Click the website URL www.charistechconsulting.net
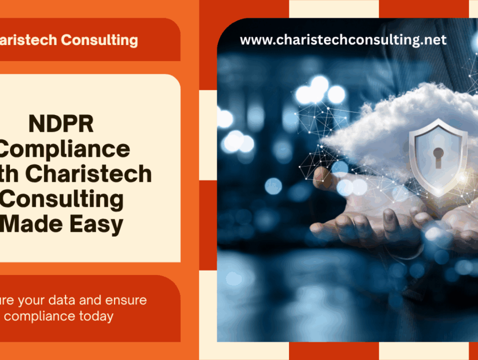pos(343,40)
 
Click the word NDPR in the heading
pos(61,124)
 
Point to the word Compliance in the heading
pos(66,148)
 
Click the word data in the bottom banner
pos(66,301)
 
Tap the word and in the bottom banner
pos(94,301)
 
